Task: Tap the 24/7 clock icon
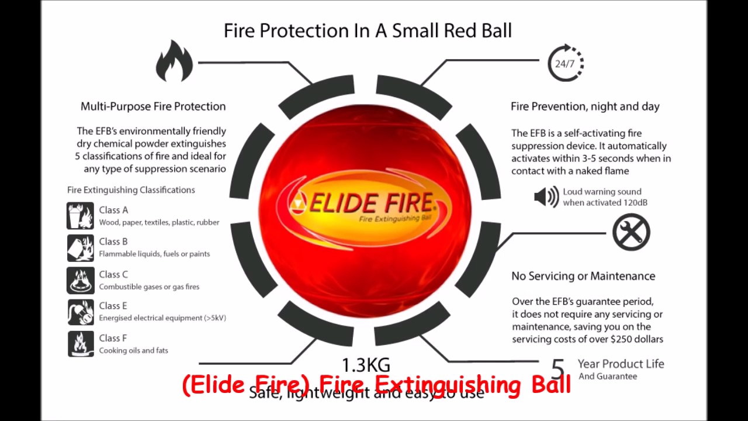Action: [x=565, y=63]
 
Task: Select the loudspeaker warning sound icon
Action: [x=546, y=197]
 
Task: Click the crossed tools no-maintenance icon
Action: [x=631, y=232]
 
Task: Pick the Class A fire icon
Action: [x=80, y=216]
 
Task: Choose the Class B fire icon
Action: [x=80, y=247]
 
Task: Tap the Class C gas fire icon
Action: [x=80, y=280]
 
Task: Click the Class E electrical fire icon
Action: [x=80, y=312]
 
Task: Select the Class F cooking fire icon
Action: [x=80, y=344]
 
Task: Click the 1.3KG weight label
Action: [x=366, y=365]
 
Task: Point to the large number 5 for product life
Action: [x=558, y=369]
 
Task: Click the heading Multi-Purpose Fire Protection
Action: [x=153, y=106]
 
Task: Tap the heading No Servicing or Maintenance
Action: [x=583, y=276]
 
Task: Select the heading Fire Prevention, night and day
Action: [x=585, y=106]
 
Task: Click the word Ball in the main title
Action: [x=493, y=30]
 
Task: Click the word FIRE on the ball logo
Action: [x=404, y=202]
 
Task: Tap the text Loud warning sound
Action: [x=602, y=192]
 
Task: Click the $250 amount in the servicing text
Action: [x=622, y=339]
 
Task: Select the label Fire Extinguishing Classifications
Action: [x=131, y=190]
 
